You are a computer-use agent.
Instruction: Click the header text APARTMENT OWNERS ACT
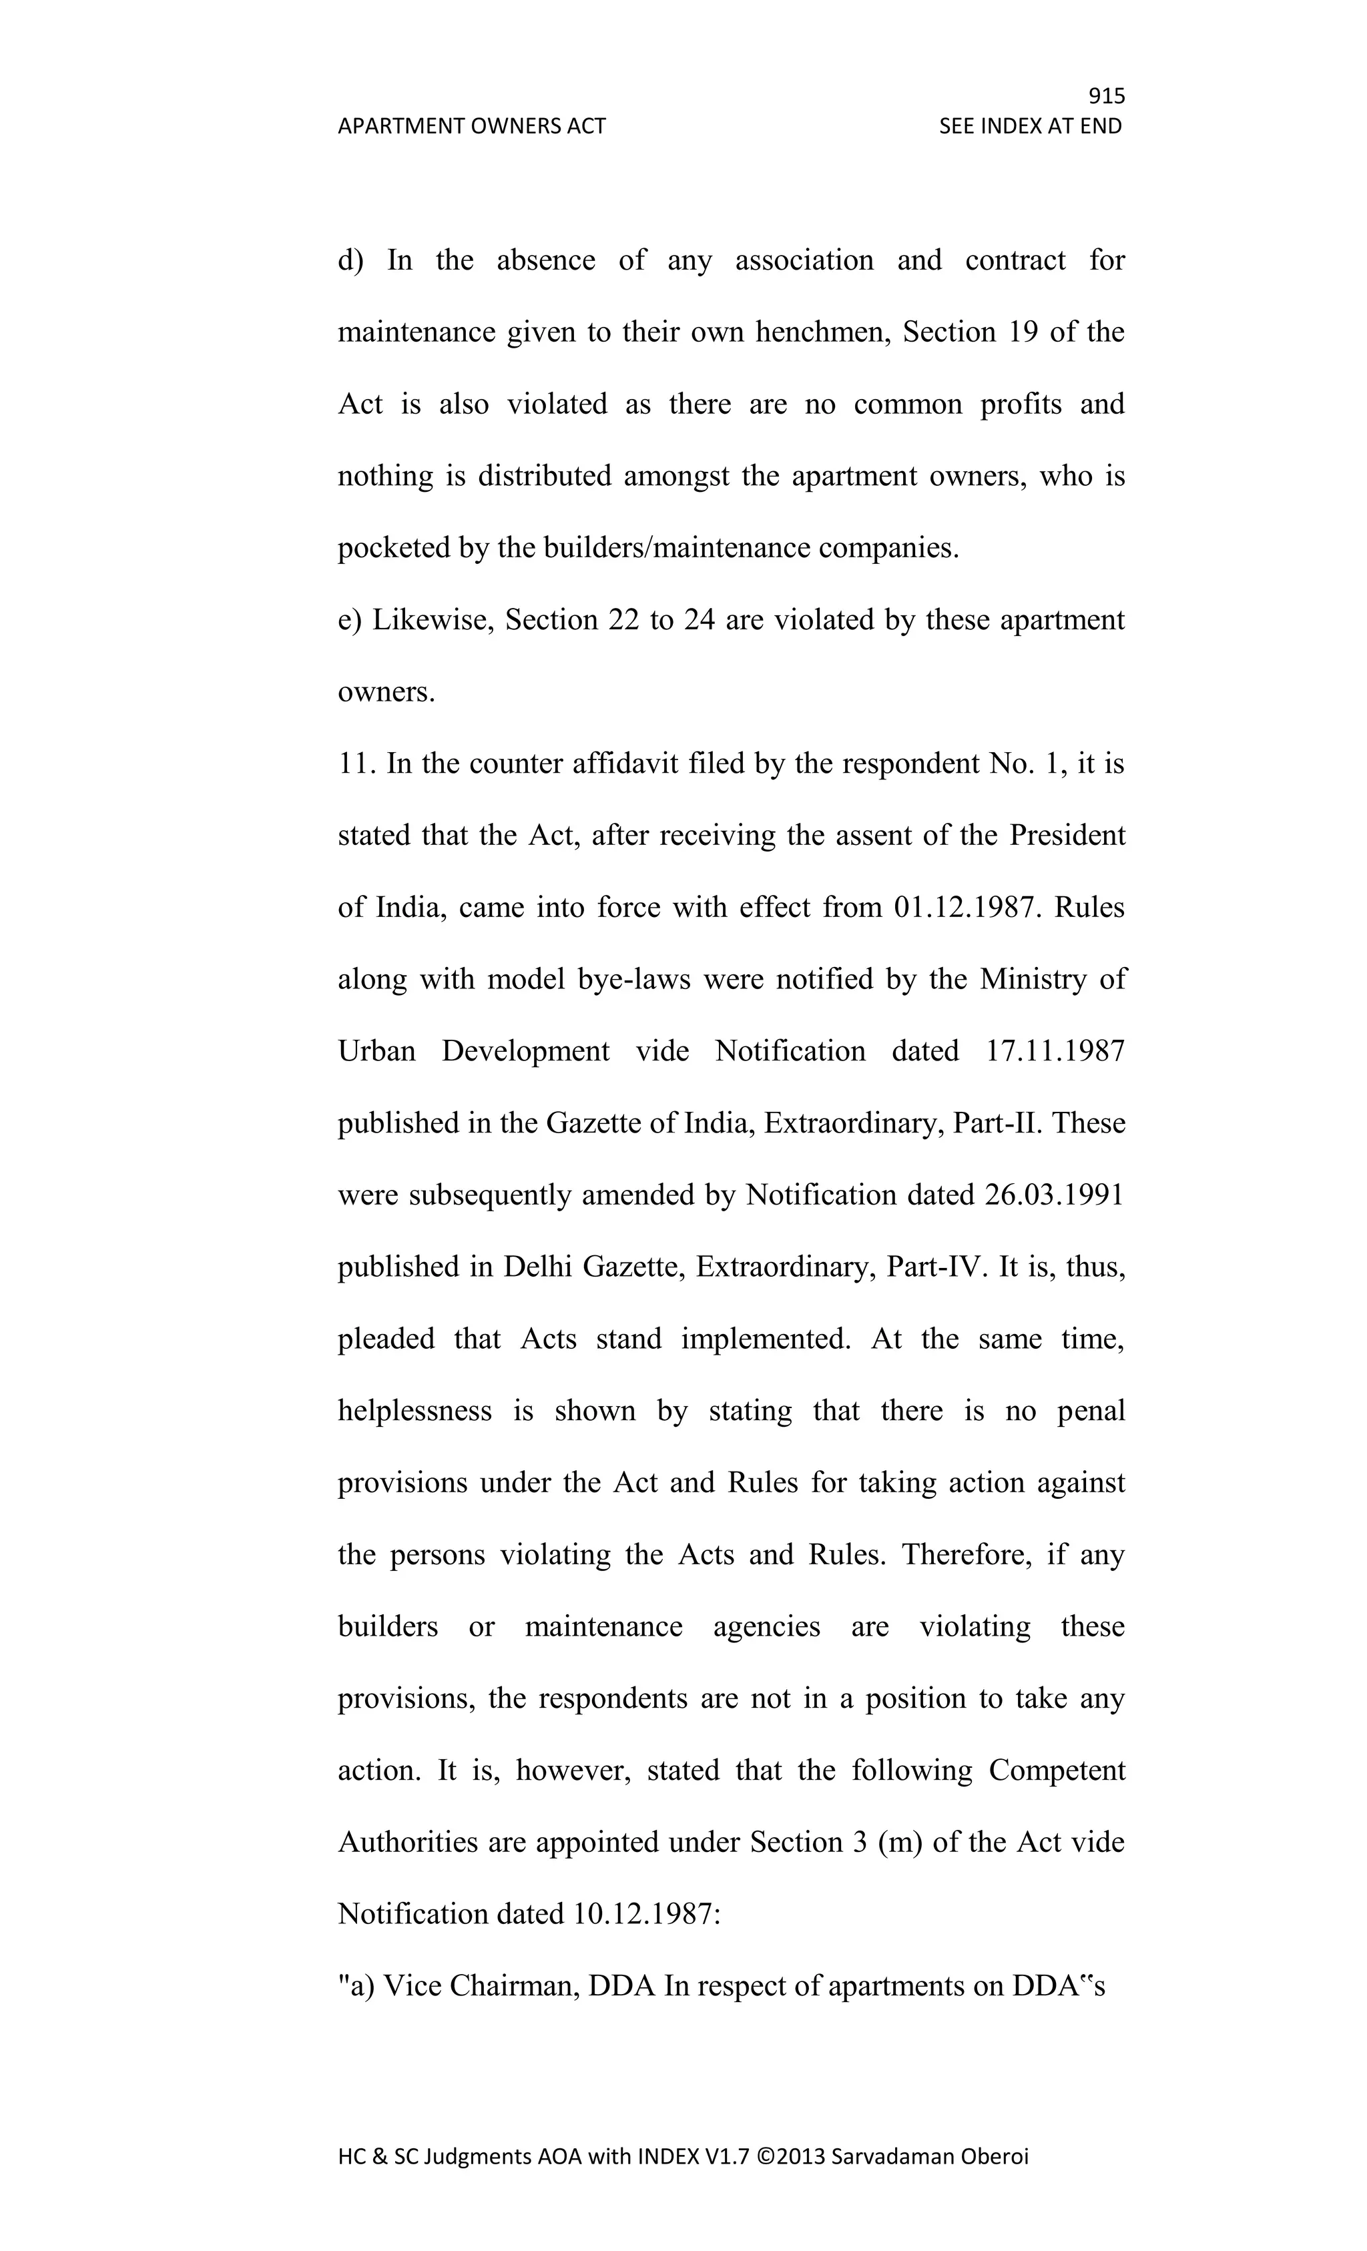(471, 126)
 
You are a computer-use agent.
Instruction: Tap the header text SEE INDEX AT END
(1030, 126)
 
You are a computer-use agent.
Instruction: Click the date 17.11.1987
(1055, 1052)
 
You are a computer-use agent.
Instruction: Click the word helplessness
(414, 1411)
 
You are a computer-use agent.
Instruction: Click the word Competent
(1057, 1771)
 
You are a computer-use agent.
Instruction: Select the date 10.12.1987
(646, 1914)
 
